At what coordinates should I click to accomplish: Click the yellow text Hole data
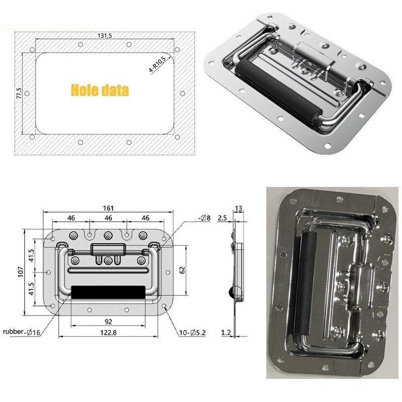pos(99,90)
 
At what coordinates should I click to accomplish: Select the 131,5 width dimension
pos(104,35)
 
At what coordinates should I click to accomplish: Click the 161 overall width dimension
pos(109,208)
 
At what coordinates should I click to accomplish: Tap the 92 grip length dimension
pos(109,322)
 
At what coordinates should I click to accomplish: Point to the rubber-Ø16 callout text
pos(22,332)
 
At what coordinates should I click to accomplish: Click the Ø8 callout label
pos(204,218)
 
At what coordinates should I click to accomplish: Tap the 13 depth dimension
pos(239,208)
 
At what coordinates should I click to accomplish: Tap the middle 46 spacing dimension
pos(109,218)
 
